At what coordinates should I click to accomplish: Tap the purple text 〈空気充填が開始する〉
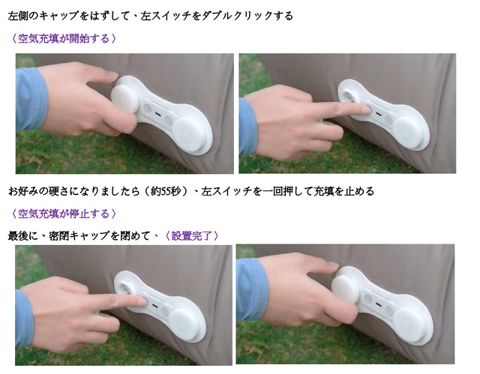(x=64, y=39)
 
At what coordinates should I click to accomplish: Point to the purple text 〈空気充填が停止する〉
(x=64, y=214)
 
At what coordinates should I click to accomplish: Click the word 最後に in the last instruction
(x=23, y=236)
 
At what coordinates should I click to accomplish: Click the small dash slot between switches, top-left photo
(x=158, y=113)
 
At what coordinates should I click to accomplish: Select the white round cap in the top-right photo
(x=409, y=133)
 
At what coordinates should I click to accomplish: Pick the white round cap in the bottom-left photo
(x=186, y=324)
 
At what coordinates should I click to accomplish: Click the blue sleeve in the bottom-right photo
(x=252, y=290)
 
